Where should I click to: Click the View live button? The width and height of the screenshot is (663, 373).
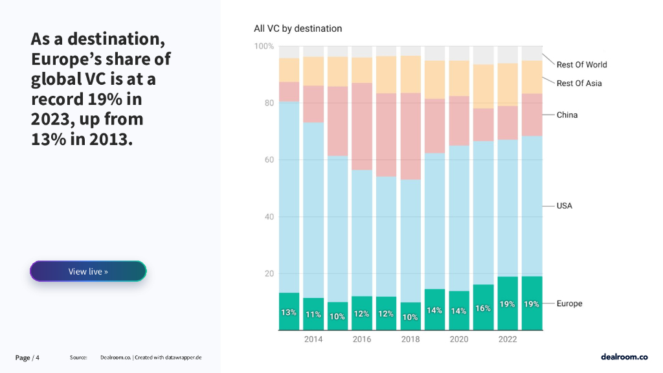(x=88, y=271)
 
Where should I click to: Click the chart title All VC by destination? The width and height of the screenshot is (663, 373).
(x=298, y=28)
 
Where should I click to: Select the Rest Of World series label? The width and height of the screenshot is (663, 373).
(x=581, y=65)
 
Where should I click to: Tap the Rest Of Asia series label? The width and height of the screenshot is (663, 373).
(x=579, y=84)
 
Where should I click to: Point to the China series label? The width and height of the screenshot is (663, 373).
(x=567, y=115)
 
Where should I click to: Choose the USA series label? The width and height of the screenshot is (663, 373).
(x=565, y=206)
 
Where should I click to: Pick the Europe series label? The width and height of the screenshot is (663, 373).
(x=569, y=304)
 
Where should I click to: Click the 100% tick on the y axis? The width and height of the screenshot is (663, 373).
(x=264, y=47)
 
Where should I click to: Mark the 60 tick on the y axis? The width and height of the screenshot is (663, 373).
(x=268, y=160)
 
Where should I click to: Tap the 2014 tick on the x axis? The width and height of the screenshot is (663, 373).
(x=313, y=339)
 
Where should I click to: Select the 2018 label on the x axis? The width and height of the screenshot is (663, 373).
(x=410, y=339)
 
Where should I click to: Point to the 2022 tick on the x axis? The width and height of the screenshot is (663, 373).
(x=507, y=339)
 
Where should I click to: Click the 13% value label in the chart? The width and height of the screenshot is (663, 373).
(x=289, y=313)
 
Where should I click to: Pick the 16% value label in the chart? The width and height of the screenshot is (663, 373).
(x=483, y=309)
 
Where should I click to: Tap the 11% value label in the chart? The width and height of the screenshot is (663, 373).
(x=313, y=315)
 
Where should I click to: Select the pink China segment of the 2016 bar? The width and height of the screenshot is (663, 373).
(x=362, y=126)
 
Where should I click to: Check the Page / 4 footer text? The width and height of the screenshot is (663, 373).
(x=28, y=357)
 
